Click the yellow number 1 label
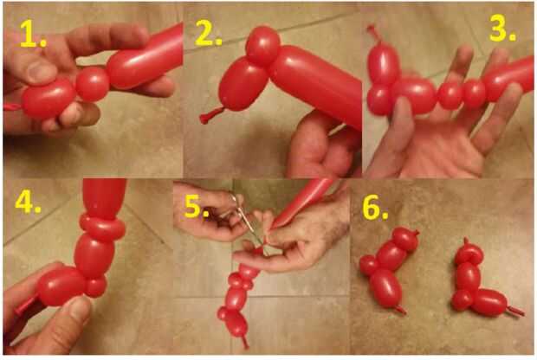click(x=33, y=34)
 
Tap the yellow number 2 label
click(x=208, y=34)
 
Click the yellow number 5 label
click(x=197, y=207)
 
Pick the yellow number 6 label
click(x=375, y=208)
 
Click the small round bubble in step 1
click(x=92, y=84)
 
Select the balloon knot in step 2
click(x=210, y=116)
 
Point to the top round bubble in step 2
click(x=262, y=46)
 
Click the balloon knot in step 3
click(x=373, y=35)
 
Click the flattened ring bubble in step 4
click(x=102, y=227)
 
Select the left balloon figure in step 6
click(x=389, y=270)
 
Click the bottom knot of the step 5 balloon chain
click(x=244, y=341)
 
